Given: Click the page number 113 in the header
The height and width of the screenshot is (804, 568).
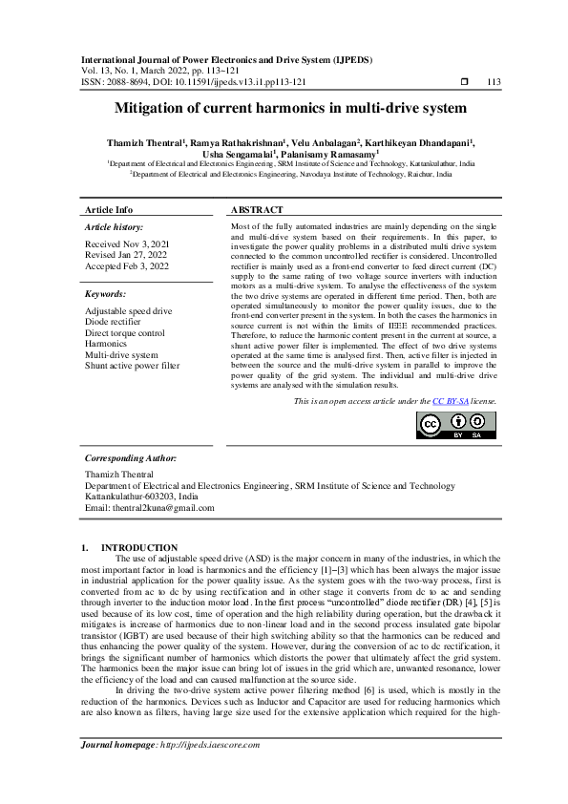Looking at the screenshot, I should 494,82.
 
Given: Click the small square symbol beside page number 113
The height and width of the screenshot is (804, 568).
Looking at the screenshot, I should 463,82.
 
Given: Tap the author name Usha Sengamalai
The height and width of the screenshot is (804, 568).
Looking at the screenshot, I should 237,153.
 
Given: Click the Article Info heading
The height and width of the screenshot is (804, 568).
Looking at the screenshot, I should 109,209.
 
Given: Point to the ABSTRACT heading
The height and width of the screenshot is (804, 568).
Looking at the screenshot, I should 257,209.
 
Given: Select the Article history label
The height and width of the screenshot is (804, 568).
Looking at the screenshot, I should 115,226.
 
